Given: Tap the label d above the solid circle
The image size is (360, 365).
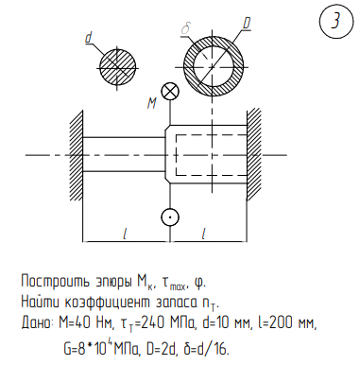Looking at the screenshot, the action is (x=89, y=38).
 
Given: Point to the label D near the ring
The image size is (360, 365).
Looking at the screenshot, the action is (x=247, y=24).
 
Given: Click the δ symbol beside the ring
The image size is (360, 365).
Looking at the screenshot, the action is (x=185, y=28).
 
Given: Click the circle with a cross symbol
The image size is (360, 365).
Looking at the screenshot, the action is (x=170, y=92).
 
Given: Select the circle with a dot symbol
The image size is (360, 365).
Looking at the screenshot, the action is (x=170, y=217).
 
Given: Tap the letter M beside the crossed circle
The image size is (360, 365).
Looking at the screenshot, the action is (x=152, y=103).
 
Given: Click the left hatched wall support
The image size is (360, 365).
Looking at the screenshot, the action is (x=77, y=155).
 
